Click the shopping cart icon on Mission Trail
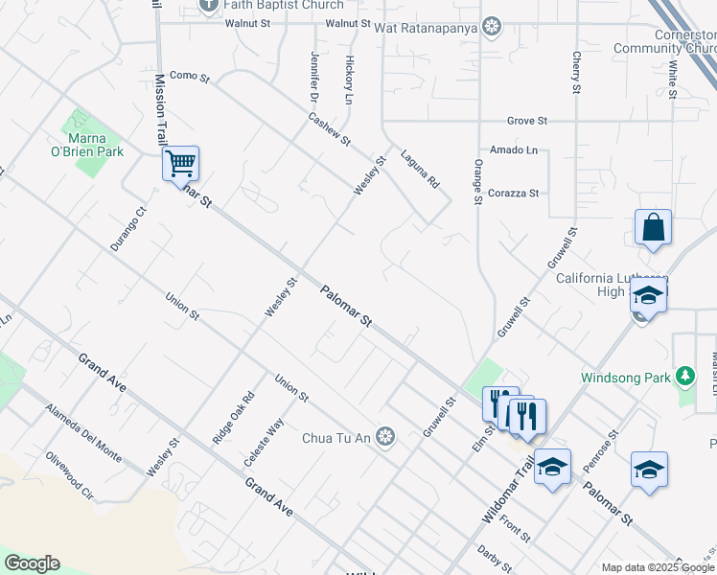tap(180, 163)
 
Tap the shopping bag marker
tap(653, 228)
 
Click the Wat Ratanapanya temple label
tap(437, 25)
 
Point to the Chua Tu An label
tap(335, 438)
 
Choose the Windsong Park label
tap(626, 378)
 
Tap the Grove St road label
tap(526, 121)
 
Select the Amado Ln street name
tap(513, 150)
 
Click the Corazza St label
tap(513, 193)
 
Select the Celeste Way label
tap(264, 442)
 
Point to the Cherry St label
tap(576, 73)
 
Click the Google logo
tap(32, 563)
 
